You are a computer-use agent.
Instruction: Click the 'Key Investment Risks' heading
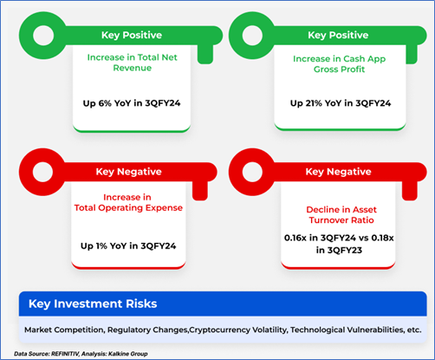coord(93,304)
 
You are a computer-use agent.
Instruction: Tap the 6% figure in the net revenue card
coord(105,103)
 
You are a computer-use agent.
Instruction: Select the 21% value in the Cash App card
coord(314,103)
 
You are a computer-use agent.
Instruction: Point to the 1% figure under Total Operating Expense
coord(101,246)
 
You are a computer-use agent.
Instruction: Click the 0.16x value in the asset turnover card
coord(295,238)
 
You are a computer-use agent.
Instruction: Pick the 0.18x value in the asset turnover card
coord(382,238)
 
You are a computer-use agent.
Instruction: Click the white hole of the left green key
coord(43,36)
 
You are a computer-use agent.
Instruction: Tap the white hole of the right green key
coord(252,36)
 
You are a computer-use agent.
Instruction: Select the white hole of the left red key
coord(42,172)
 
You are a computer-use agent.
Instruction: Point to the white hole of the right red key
coord(252,172)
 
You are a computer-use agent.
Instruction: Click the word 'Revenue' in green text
coord(133,68)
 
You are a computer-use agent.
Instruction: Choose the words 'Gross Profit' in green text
coord(340,69)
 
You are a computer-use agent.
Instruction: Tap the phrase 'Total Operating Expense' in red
coord(128,208)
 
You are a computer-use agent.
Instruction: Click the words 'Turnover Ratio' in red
coord(341,220)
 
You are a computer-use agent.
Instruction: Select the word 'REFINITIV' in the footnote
coord(65,354)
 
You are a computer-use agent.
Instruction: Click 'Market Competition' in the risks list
coord(64,330)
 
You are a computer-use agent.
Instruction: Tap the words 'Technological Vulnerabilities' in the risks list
coord(347,330)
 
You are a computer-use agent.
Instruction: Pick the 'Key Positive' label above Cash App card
coord(338,36)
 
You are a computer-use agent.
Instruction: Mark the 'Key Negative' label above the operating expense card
coord(129,172)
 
